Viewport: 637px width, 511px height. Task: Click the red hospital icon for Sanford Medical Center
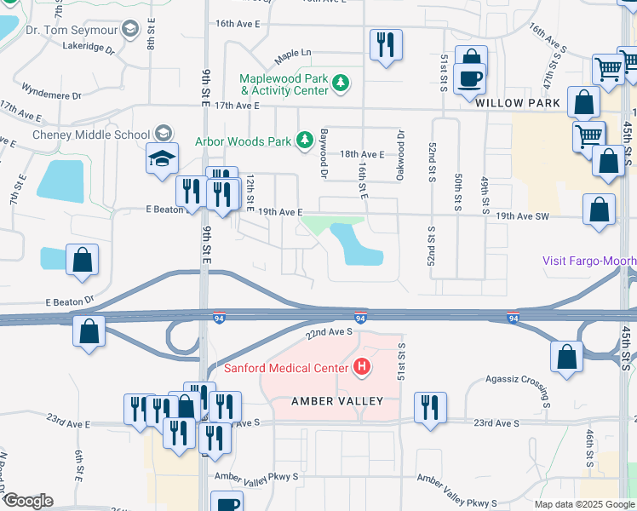point(362,368)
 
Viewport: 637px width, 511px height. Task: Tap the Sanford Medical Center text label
point(286,368)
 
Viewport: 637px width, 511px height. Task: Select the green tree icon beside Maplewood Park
point(341,83)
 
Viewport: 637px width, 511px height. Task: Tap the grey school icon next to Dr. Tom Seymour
point(130,31)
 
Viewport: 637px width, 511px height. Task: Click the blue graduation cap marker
point(162,159)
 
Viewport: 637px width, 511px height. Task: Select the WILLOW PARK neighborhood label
point(518,103)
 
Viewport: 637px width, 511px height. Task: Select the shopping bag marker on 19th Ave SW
point(600,210)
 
